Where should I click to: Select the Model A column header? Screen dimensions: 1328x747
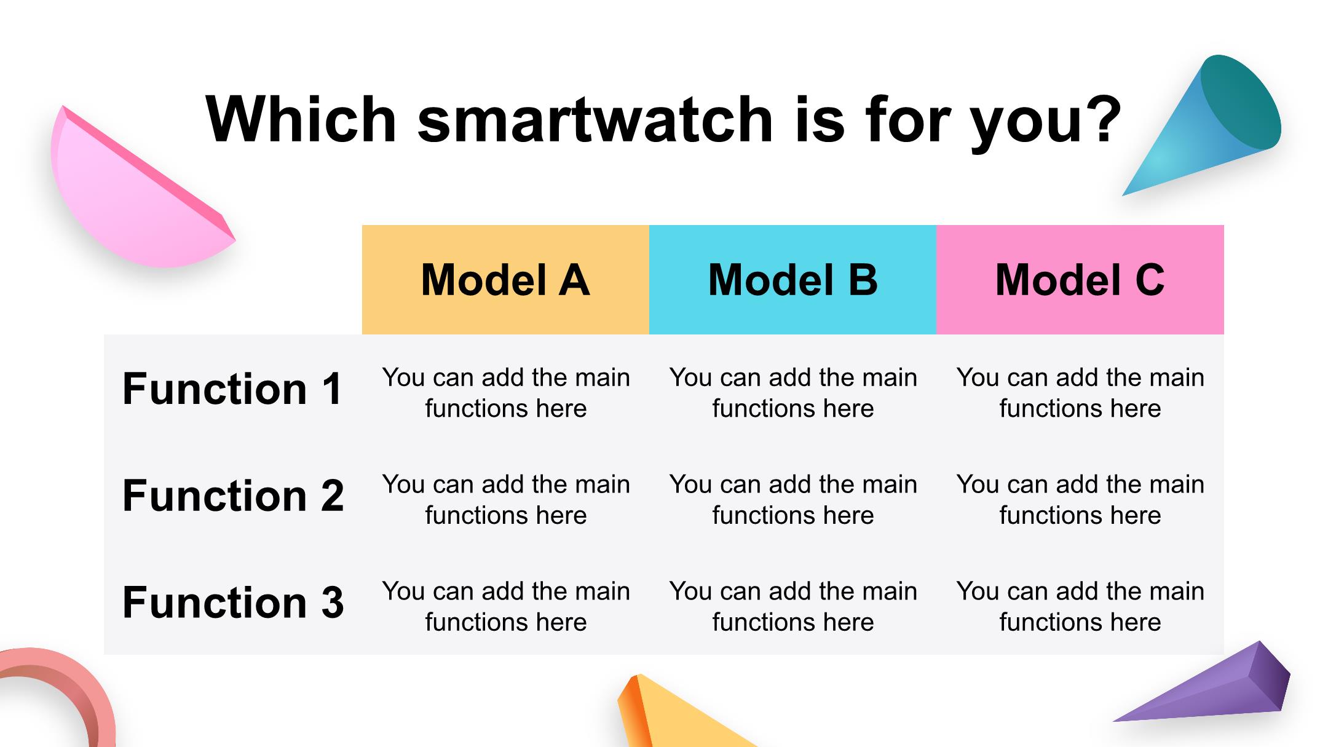(x=505, y=280)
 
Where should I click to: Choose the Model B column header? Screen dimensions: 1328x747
(x=792, y=280)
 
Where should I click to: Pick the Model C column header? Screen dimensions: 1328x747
(x=1080, y=280)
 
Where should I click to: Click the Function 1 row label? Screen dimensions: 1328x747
(x=232, y=389)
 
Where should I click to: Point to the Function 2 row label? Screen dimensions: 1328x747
(x=232, y=496)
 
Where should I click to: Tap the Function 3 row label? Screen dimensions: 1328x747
(x=232, y=603)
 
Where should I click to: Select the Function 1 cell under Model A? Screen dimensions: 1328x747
(x=506, y=393)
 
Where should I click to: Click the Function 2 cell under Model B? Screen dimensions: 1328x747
(x=793, y=500)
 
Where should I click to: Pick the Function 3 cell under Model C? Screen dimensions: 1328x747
(x=1080, y=607)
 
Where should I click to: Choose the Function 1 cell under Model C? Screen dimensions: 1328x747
(x=1080, y=393)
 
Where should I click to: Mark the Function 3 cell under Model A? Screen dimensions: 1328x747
(x=506, y=607)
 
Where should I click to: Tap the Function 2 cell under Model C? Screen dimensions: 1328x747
(x=1080, y=500)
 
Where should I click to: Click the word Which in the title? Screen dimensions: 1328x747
(x=302, y=119)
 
